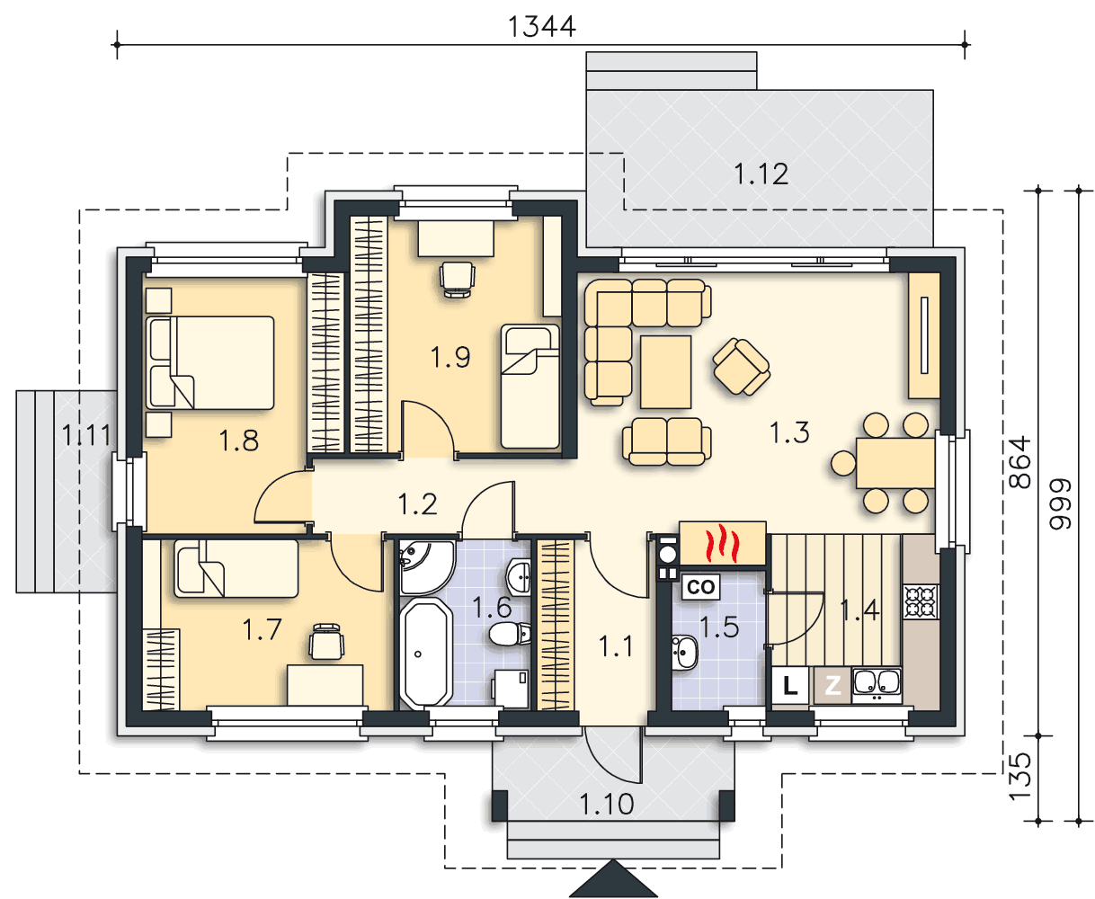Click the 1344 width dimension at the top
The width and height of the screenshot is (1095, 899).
(x=541, y=27)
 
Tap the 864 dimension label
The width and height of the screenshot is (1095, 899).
(x=1019, y=463)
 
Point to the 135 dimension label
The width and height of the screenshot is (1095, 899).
(x=1019, y=777)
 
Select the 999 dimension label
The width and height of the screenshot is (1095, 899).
(x=1060, y=503)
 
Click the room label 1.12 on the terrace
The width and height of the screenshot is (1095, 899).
(x=761, y=174)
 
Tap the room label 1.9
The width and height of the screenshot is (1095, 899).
(x=450, y=357)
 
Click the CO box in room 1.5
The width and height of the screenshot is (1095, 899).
(x=700, y=587)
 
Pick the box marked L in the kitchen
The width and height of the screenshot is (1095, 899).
(x=789, y=686)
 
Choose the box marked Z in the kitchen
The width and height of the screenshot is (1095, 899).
(x=832, y=686)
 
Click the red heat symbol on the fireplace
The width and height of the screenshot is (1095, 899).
(x=722, y=543)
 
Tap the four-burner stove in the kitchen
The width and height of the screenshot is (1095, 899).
(x=921, y=602)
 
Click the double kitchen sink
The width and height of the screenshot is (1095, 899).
(x=877, y=684)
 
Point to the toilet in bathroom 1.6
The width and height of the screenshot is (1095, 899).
(x=510, y=634)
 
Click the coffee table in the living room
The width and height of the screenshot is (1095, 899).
(x=665, y=372)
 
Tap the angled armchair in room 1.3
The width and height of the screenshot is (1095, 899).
(x=741, y=366)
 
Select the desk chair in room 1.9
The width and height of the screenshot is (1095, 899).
(x=457, y=280)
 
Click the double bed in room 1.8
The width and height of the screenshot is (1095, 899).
(x=209, y=362)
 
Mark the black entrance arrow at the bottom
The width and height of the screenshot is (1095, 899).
(x=613, y=878)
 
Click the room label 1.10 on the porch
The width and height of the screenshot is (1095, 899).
(x=607, y=805)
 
